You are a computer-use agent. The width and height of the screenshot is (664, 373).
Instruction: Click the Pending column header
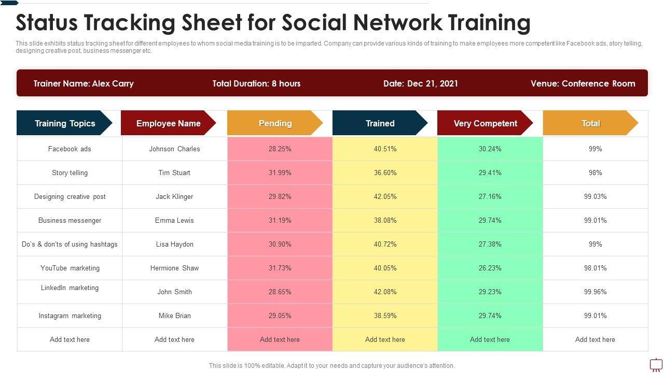coord(275,123)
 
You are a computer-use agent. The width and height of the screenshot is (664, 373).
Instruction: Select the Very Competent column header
coord(485,123)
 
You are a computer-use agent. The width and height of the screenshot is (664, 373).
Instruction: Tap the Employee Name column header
coord(168,123)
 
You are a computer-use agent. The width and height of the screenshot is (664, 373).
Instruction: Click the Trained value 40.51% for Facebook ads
coord(385,149)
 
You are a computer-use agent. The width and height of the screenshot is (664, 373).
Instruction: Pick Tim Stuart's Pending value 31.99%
coord(280,173)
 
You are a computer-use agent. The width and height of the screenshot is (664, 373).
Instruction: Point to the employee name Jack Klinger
coord(174,196)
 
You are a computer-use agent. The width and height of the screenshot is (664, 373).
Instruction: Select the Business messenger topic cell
coord(70,220)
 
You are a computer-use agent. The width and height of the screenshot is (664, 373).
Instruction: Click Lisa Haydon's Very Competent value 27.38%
coord(490,244)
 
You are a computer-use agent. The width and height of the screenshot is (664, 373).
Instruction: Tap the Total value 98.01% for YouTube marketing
coord(595,268)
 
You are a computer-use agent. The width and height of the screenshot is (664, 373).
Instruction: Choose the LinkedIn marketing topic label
coord(70,288)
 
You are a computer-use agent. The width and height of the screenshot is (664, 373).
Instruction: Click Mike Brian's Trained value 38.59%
coord(385,315)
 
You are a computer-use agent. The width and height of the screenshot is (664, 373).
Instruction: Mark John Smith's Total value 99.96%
coord(595,292)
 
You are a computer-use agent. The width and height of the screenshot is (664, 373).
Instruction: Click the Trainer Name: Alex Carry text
coord(84,83)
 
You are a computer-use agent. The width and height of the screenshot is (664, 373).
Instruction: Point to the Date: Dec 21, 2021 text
coord(420,83)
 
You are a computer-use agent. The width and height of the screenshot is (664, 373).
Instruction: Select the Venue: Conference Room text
coord(583,83)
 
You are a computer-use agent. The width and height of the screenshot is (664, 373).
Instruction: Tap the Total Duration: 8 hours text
coord(256,83)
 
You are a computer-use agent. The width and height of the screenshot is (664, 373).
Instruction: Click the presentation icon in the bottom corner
coord(656,364)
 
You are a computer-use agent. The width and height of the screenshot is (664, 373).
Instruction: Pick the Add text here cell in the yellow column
coord(385,339)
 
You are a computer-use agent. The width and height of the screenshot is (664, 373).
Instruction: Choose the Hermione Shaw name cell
coord(174,268)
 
